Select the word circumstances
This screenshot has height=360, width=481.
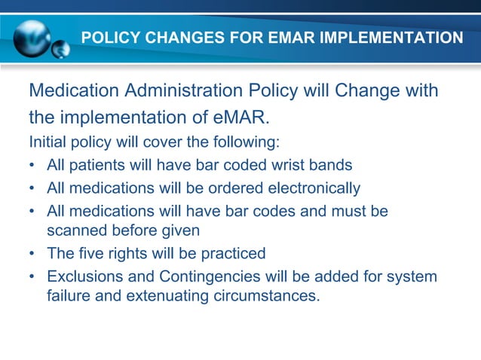[x=267, y=296]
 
